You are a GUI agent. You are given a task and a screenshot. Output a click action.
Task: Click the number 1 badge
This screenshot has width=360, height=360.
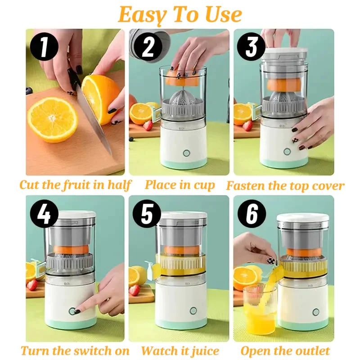44,47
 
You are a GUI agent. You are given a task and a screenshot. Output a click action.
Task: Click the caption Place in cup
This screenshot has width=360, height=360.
180,185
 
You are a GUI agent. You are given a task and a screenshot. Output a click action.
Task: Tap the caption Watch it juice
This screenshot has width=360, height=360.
180,351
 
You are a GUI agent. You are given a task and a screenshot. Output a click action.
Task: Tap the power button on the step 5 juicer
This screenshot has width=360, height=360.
193,310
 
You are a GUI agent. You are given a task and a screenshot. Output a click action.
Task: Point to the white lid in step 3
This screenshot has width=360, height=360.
284,53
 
